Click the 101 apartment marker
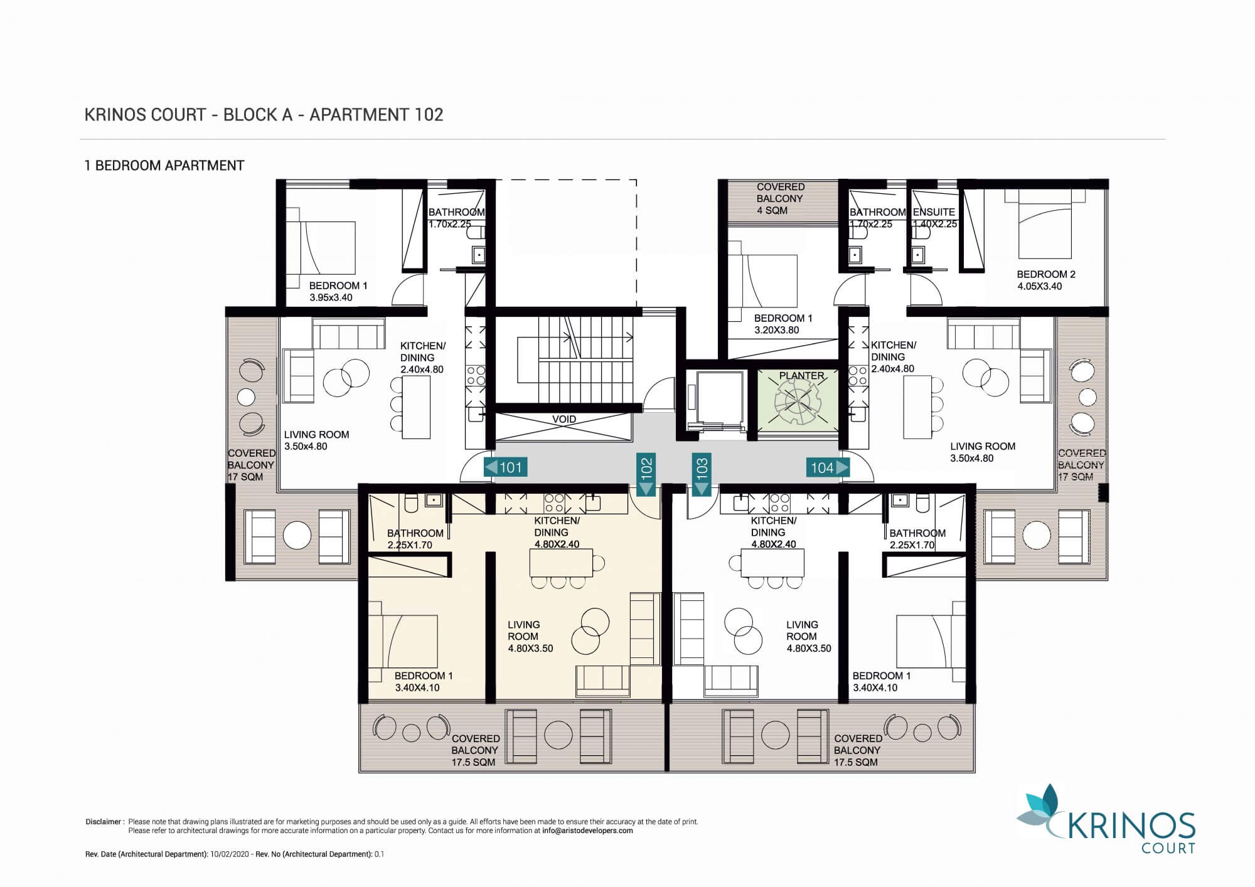505,467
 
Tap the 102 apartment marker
646,474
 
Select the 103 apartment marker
702,474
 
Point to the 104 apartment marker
828,467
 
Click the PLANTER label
801,376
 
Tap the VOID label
564,419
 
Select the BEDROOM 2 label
1046,274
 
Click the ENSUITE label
934,212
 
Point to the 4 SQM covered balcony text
772,210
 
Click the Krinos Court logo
1106,819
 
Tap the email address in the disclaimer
588,831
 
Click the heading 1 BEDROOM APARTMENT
164,166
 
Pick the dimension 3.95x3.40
331,297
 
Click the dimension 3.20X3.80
777,330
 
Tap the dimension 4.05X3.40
1040,286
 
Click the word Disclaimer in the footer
103,822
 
